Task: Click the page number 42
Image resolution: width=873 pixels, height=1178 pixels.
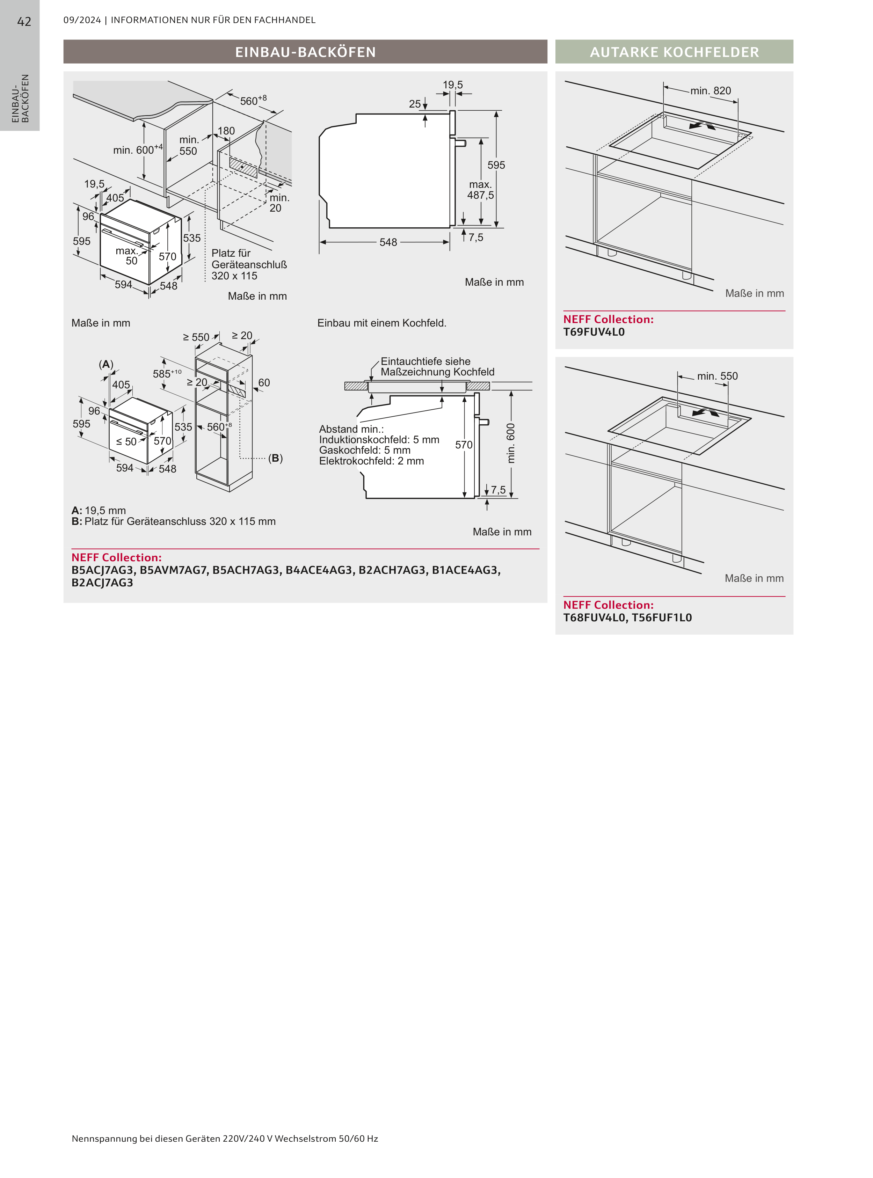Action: click(24, 22)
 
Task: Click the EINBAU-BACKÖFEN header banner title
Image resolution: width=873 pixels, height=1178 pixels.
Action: click(305, 52)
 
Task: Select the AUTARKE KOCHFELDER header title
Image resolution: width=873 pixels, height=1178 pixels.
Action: click(674, 52)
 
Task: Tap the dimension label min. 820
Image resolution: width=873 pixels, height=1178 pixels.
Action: click(711, 91)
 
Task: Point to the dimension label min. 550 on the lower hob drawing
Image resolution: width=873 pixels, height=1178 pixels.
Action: click(717, 376)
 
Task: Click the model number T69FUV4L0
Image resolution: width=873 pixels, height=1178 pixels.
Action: click(594, 332)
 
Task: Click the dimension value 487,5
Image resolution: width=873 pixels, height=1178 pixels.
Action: click(480, 196)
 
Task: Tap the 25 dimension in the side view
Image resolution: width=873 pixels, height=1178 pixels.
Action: click(415, 104)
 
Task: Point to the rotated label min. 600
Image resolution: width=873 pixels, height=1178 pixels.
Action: click(510, 443)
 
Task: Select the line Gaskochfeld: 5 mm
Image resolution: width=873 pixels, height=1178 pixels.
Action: click(365, 450)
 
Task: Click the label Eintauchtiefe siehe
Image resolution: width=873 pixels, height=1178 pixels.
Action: click(425, 361)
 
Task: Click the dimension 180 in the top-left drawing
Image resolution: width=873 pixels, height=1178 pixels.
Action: click(226, 131)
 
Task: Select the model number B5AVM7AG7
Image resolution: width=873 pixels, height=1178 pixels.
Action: click(173, 570)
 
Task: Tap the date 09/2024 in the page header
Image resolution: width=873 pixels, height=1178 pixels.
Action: click(82, 20)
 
